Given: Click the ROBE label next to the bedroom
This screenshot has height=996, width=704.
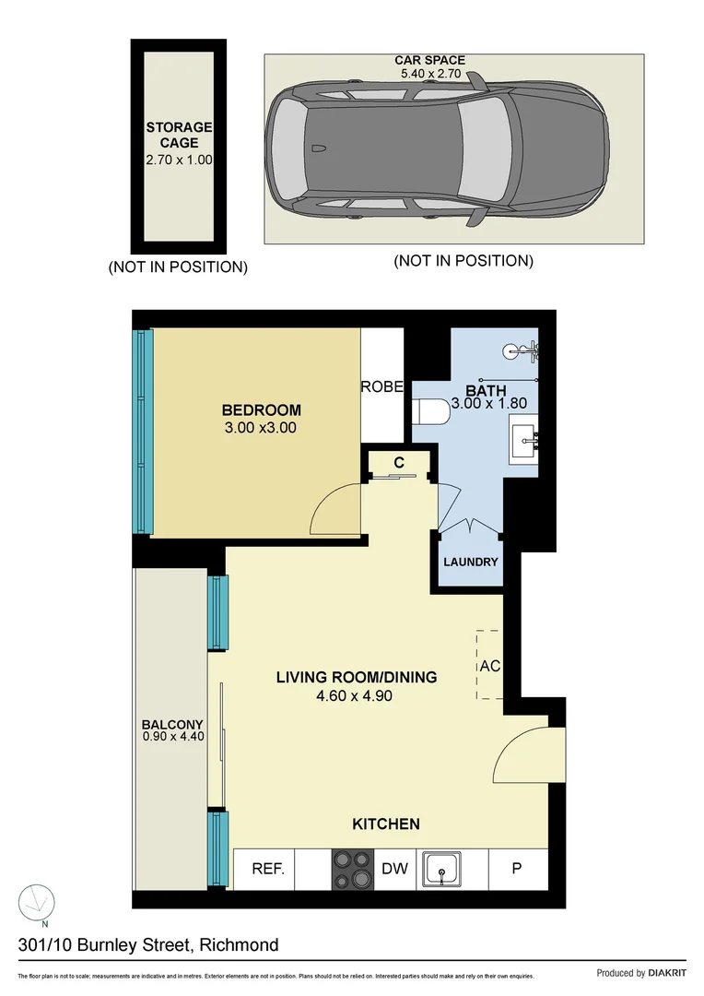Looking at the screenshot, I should [381, 387].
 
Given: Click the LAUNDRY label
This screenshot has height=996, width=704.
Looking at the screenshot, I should [470, 562].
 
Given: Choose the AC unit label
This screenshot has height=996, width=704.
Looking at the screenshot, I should [490, 665].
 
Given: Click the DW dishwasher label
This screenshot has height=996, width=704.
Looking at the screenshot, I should [394, 869].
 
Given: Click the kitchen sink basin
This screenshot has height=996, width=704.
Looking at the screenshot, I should [446, 869].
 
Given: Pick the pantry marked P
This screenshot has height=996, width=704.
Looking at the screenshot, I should [517, 869].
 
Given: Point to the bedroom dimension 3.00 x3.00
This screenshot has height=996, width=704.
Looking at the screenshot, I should [261, 428].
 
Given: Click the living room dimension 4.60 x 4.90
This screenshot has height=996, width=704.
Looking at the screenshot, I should [354, 695].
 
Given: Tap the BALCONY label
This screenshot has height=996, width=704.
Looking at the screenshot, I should [172, 725].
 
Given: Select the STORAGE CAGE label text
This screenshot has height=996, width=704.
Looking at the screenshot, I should [179, 135].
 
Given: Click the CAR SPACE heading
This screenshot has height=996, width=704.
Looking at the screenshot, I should [429, 60].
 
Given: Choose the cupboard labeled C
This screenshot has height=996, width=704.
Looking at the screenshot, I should [399, 462].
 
